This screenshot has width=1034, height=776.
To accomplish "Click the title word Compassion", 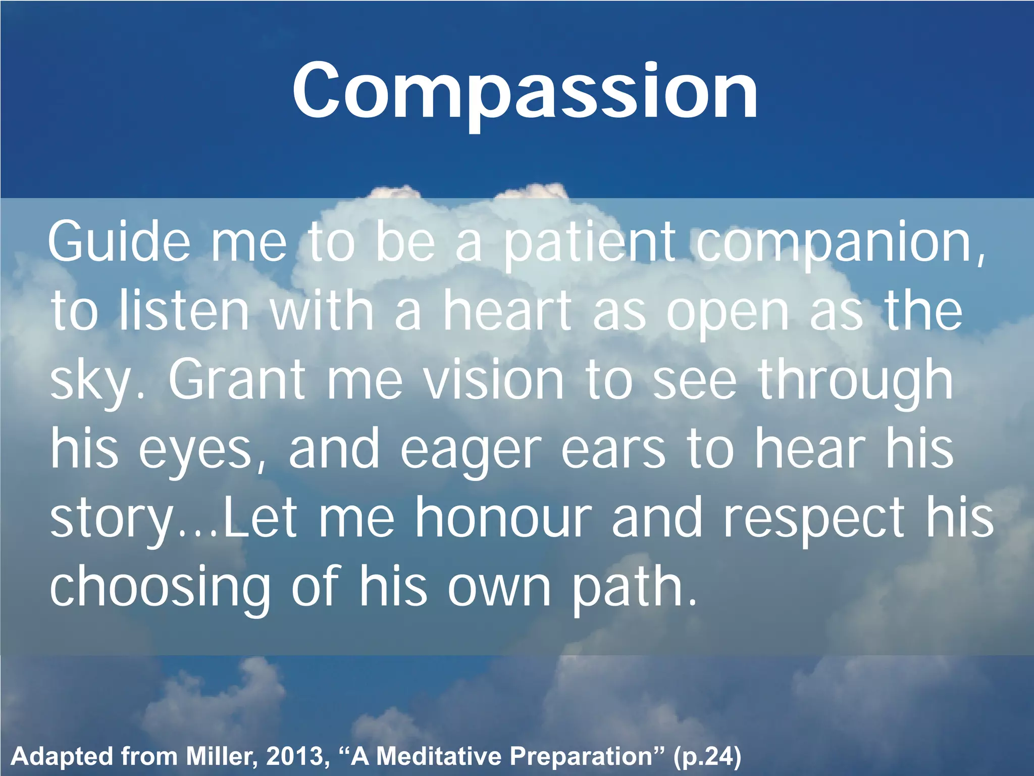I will pos(525,91).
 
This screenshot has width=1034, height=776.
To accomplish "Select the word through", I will pos(856,381).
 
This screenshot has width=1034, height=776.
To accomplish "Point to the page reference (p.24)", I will pos(707,757).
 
